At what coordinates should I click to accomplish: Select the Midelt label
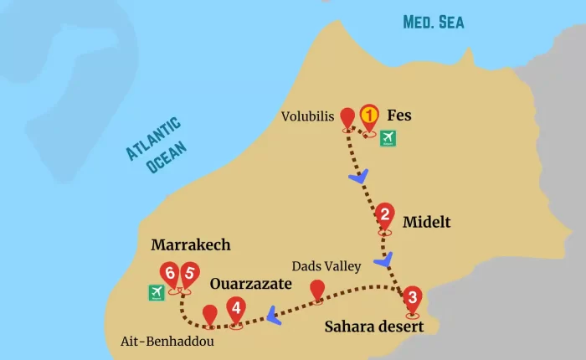tap(426, 222)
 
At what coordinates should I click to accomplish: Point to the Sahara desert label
tap(373, 326)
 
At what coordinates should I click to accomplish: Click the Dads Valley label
tap(326, 266)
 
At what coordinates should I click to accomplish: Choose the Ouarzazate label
tap(250, 284)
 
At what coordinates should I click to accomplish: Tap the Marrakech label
tap(190, 245)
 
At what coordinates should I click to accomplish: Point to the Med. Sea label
tap(433, 22)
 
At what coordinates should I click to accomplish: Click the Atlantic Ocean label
tap(156, 145)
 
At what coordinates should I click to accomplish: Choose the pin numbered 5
tap(190, 275)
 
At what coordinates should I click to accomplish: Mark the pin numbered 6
tap(171, 275)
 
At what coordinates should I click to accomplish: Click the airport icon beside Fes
tap(388, 138)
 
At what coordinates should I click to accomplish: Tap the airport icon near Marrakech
tap(156, 292)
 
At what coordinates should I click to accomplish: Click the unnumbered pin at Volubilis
tap(348, 120)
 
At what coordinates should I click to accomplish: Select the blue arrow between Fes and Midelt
tap(359, 177)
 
